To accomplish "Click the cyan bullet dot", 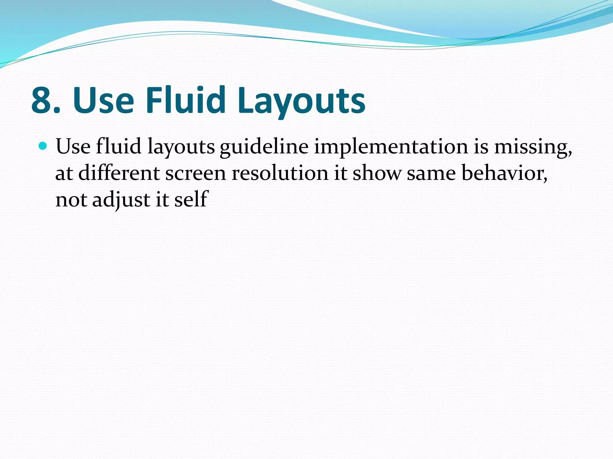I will pos(43,146).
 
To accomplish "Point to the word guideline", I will pos(264,147).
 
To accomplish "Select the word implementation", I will pos(391,147).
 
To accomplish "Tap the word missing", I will pos(533,147).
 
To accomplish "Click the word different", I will pos(119,173).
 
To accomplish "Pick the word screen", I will pos(195,174).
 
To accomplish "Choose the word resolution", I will pos(280,173).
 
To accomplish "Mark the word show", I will pos(377,173).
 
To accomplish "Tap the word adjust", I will pos(121,200).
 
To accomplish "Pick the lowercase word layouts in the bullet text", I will pos(181,147).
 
